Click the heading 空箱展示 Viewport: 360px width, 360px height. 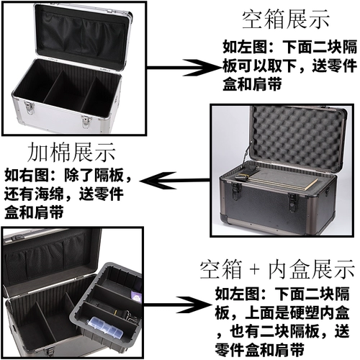pos(285,19)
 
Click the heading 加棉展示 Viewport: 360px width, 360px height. pos(71,152)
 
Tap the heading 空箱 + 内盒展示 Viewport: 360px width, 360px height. pos(277,269)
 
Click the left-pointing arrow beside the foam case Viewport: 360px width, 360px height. pos(175,180)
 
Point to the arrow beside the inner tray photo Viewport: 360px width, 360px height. pos(177,305)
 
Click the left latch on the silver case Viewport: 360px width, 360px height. pos(29,109)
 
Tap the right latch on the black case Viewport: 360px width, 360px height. pos(292,204)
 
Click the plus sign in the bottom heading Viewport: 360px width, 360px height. pos(255,270)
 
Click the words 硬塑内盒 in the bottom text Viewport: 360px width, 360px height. pos(319,312)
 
